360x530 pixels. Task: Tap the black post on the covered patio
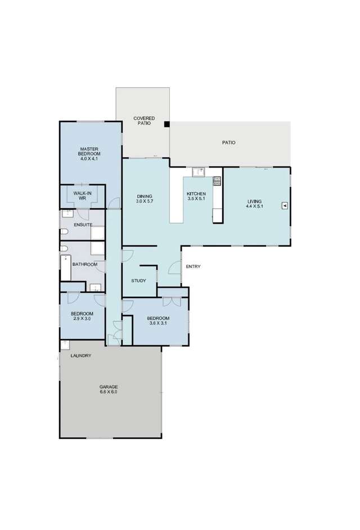[x=166, y=124]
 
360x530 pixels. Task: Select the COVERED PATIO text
[x=144, y=120]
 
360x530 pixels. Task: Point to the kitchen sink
[x=197, y=171]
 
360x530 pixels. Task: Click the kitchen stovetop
[x=217, y=181]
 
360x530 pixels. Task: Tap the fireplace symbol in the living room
[x=285, y=206]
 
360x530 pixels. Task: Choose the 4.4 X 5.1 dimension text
[x=255, y=206]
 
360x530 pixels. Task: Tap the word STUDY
[x=138, y=280]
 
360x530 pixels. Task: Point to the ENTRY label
[x=192, y=266]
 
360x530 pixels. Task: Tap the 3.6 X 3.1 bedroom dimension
[x=159, y=323]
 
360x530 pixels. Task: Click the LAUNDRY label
[x=81, y=356]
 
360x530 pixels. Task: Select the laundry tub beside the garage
[x=64, y=345]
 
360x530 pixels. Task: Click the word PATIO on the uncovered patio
[x=228, y=143]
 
